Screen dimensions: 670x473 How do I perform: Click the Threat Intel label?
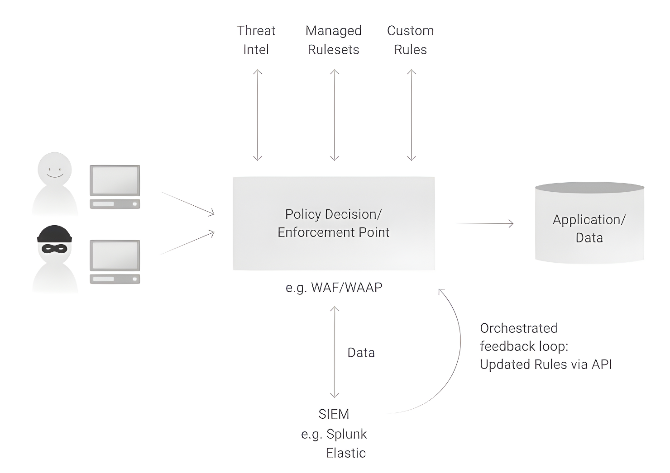256,40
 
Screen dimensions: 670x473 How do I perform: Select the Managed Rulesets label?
334,40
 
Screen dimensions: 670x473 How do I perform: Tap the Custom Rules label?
410,40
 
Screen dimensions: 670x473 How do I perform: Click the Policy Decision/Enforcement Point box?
334,223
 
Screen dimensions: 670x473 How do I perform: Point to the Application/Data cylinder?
589,223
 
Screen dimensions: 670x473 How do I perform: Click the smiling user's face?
55,169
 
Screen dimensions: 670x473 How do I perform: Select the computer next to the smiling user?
115,187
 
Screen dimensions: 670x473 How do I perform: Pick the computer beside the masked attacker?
115,262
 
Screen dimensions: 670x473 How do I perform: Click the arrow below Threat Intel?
258,115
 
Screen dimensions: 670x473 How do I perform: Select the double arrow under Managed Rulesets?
335,115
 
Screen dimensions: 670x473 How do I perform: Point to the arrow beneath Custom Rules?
412,115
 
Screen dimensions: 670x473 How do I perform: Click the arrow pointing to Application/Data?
484,223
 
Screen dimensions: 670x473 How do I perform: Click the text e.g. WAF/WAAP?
334,288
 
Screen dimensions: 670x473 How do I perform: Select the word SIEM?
334,414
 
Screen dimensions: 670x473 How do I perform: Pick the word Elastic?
346,453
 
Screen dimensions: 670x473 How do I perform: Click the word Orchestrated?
519,328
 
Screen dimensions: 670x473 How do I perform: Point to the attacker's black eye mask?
54,248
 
